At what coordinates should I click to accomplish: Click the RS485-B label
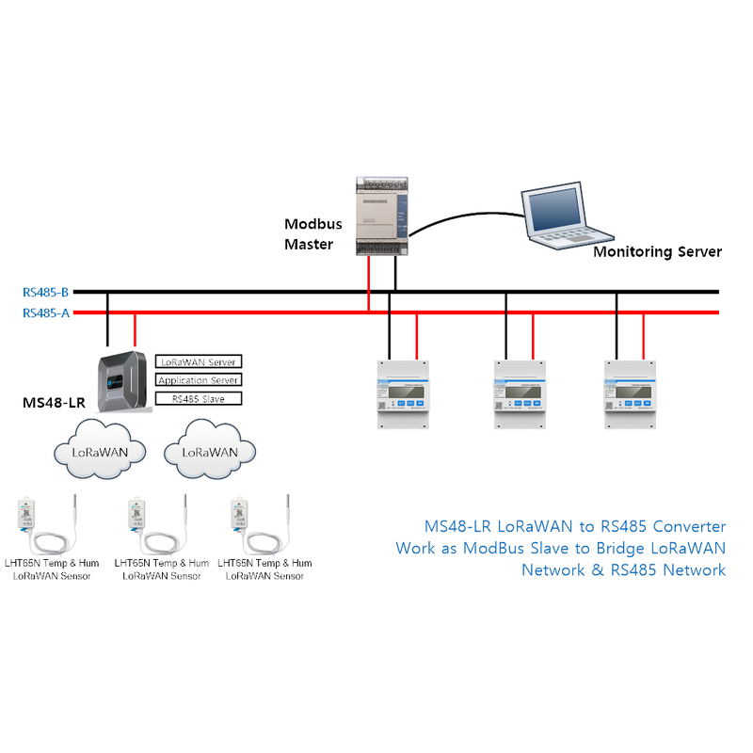click(46, 292)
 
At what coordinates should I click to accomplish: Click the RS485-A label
click(46, 312)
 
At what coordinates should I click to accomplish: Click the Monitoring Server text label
click(657, 251)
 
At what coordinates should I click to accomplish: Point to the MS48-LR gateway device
click(123, 382)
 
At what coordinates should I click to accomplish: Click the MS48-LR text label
click(54, 403)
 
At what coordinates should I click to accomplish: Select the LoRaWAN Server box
click(198, 361)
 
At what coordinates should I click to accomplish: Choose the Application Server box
click(198, 380)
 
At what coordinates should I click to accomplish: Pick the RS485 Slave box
click(198, 399)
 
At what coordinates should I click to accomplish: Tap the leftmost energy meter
click(404, 394)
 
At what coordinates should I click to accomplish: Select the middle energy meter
click(520, 394)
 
